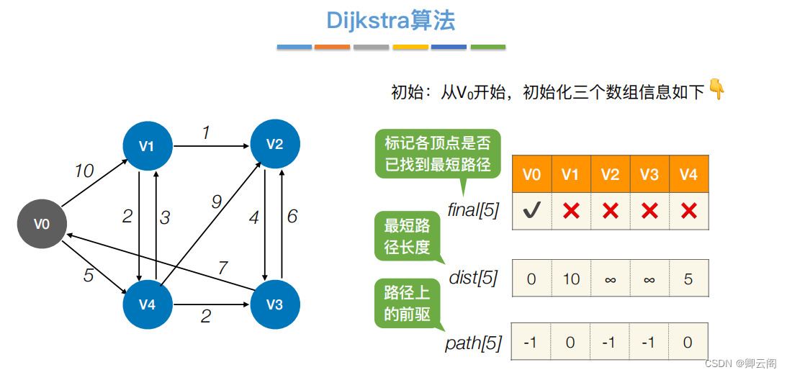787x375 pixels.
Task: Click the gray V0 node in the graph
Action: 42,224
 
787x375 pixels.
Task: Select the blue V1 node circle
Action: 147,146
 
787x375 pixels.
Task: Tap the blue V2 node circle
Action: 274,144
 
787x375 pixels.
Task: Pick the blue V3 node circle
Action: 274,304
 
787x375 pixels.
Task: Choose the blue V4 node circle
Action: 147,304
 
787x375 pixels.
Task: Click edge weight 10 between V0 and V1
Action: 84,171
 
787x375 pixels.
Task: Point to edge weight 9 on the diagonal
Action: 215,202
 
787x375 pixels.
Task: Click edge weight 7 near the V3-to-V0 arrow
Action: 223,268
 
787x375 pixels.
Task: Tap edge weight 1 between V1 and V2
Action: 205,133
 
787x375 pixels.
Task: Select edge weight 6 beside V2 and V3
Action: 292,216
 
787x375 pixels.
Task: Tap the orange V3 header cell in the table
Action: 649,175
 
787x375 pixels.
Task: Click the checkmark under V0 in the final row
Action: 531,211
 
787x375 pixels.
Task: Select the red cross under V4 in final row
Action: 688,211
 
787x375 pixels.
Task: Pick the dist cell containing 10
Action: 571,279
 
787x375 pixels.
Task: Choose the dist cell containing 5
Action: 688,279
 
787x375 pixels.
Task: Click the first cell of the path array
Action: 531,342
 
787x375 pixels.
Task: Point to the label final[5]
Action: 473,211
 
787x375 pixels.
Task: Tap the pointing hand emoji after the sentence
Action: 716,89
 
